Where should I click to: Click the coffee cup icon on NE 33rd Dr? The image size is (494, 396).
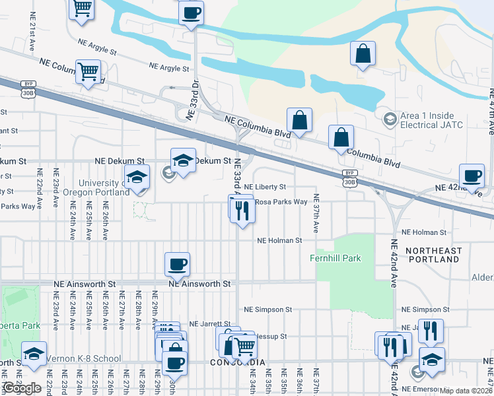pyautogui.click(x=191, y=13)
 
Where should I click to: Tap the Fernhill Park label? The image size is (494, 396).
pyautogui.click(x=335, y=258)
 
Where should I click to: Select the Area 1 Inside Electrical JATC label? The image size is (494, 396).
pyautogui.click(x=428, y=121)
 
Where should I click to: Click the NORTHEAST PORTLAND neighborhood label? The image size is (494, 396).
pyautogui.click(x=433, y=255)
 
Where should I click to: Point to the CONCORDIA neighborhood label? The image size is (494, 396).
pyautogui.click(x=237, y=362)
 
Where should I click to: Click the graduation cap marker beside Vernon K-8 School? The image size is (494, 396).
pyautogui.click(x=34, y=353)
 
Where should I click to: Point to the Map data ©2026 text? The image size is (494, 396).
pyautogui.click(x=466, y=391)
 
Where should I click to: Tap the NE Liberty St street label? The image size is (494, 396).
pyautogui.click(x=264, y=187)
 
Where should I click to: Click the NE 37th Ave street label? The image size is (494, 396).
pyautogui.click(x=316, y=213)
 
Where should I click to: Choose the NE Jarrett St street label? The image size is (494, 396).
pyautogui.click(x=209, y=324)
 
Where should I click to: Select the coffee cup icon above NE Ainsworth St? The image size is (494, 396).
pyautogui.click(x=177, y=265)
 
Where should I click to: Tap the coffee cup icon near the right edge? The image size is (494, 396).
pyautogui.click(x=472, y=176)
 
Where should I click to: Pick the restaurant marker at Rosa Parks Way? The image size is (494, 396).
pyautogui.click(x=242, y=209)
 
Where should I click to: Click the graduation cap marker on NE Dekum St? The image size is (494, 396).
pyautogui.click(x=183, y=160)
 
